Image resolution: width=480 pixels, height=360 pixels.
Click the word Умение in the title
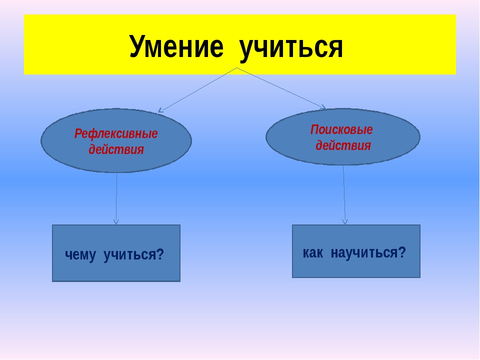point(176,46)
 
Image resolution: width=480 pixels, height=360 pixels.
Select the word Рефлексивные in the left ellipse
point(116,134)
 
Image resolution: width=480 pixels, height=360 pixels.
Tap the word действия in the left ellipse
point(116,149)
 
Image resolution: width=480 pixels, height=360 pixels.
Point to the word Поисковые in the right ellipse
point(341,130)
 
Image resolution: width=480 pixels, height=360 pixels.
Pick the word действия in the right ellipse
point(343,145)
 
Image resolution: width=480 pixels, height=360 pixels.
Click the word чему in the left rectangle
point(80,254)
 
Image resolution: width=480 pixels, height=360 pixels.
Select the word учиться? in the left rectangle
point(134,254)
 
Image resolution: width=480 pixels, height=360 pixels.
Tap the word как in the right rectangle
point(313,253)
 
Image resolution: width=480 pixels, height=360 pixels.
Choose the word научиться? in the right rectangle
point(368,253)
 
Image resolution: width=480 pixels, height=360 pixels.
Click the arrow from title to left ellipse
point(197,90)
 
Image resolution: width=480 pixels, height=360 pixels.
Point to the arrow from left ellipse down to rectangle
point(116,198)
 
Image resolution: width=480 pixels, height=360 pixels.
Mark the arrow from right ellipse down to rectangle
point(344,195)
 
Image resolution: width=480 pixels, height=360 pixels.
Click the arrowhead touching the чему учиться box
point(116,222)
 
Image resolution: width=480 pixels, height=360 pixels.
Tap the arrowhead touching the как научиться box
point(345,222)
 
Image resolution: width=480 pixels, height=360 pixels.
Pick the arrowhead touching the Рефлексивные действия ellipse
point(160,110)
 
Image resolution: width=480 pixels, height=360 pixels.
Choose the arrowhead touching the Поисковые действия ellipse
point(323,107)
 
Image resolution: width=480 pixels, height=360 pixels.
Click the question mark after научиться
point(402,252)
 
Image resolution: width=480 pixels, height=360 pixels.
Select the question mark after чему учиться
point(160,254)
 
